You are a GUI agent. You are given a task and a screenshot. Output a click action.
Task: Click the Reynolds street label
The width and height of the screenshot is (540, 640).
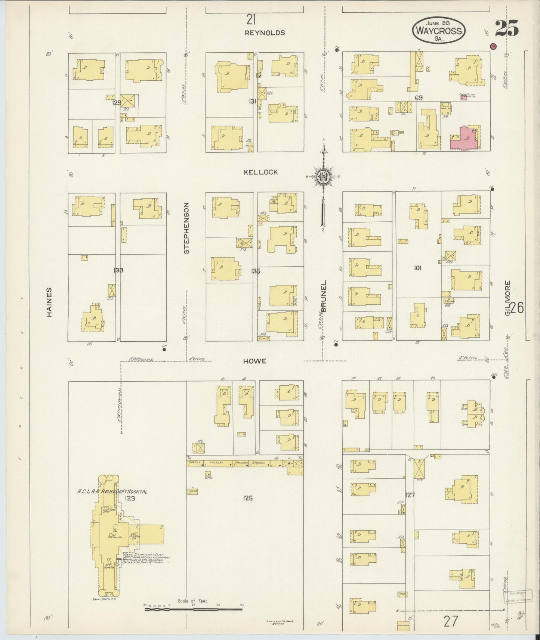pos(265,33)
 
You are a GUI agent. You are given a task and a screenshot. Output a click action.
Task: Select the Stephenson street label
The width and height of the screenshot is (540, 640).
pos(186,228)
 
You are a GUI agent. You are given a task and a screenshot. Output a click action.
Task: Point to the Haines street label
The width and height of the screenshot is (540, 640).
pos(49,302)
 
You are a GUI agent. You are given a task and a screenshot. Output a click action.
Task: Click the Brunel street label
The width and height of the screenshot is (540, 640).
pos(324,296)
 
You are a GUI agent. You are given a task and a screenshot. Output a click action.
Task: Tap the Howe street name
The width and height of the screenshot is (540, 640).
pos(254,361)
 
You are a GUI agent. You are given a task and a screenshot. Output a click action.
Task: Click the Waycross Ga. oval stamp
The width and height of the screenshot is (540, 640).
pos(439,30)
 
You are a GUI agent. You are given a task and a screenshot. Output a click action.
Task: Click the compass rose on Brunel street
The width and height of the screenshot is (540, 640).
pos(323,178)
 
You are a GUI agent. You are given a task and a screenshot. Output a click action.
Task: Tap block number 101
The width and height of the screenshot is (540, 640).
pos(417,268)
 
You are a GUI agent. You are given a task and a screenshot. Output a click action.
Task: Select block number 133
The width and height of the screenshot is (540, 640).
pos(119,270)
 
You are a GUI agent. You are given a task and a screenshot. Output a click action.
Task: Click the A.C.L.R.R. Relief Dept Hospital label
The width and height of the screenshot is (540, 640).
pos(112,491)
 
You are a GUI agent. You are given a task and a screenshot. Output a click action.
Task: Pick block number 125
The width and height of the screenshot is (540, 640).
pos(248,498)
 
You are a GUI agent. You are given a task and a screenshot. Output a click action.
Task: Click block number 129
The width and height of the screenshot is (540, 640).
pos(117,103)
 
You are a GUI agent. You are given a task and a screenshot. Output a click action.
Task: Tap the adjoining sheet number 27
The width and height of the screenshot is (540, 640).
pos(451,622)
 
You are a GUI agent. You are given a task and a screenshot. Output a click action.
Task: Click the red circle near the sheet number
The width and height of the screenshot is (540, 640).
pos(493,46)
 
